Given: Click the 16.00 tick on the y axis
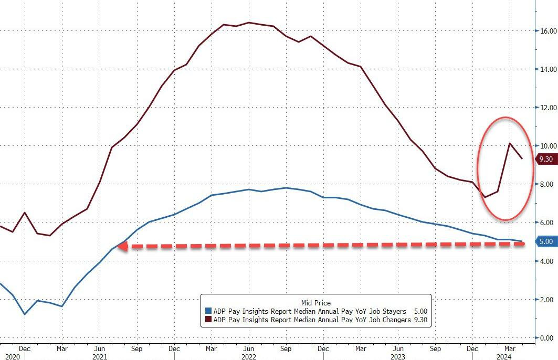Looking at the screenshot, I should point(546,31).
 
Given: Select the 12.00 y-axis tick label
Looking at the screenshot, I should point(546,108).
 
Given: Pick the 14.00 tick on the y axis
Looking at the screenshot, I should point(546,69).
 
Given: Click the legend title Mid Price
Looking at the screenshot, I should point(315,302).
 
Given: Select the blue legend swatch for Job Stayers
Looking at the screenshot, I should point(208,311).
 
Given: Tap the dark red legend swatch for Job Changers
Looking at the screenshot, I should point(208,319).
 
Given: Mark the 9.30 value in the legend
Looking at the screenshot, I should point(420,319).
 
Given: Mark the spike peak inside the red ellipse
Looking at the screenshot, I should point(510,143).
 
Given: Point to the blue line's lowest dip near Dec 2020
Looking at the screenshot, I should point(25,314).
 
